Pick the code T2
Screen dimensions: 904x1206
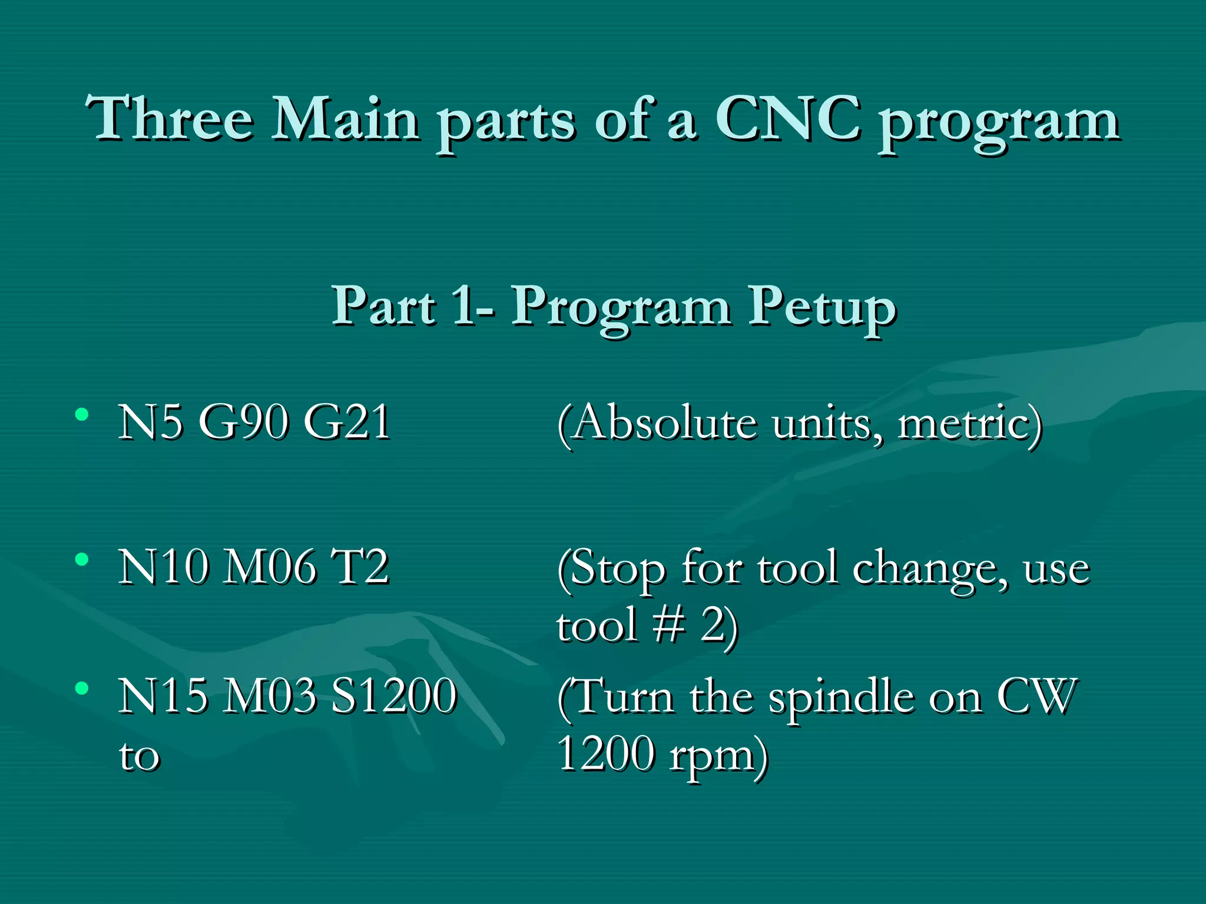point(360,567)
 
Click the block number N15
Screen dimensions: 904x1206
point(163,696)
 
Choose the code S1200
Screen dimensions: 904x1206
point(393,696)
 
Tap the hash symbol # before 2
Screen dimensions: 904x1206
point(669,625)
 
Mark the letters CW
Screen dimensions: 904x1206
point(1037,696)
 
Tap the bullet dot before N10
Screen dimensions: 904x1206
point(82,559)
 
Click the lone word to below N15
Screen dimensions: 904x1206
point(139,756)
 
